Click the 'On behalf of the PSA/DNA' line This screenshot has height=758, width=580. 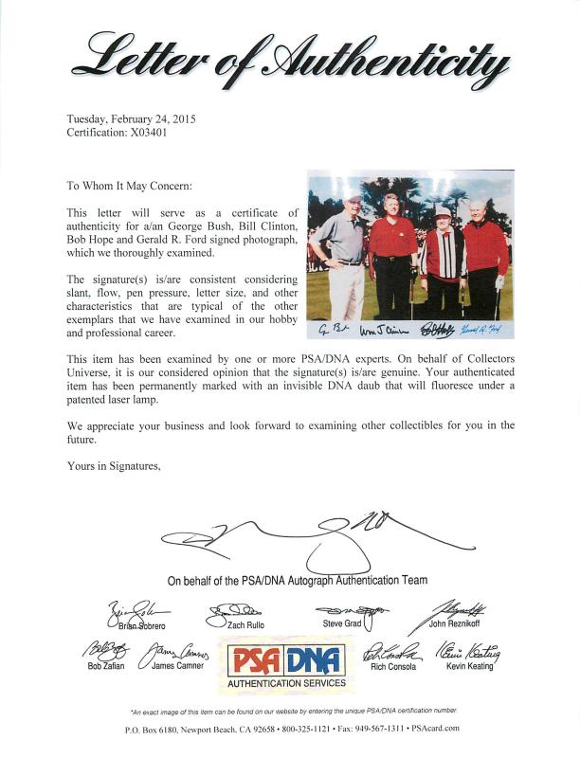pos(297,580)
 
